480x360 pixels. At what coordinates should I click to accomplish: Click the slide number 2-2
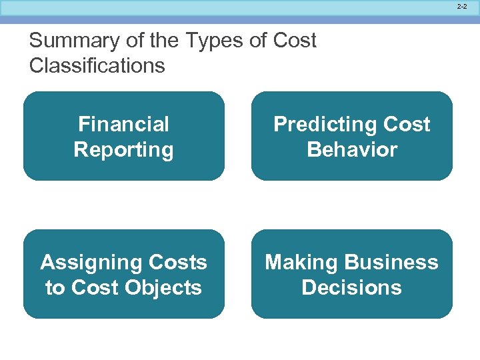(x=462, y=7)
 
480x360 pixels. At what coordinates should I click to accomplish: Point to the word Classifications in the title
(x=97, y=65)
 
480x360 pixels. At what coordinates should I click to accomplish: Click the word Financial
(x=124, y=124)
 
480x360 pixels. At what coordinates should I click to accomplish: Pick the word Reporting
(x=124, y=149)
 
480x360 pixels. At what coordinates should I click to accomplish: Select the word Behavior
(x=352, y=149)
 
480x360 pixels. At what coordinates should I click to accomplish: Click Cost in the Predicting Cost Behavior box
(x=406, y=124)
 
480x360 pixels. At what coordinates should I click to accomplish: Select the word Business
(x=390, y=262)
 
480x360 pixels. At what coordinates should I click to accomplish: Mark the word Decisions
(x=352, y=287)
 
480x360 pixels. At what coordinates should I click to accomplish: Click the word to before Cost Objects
(x=55, y=287)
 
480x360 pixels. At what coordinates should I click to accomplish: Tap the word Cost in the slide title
(x=295, y=41)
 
